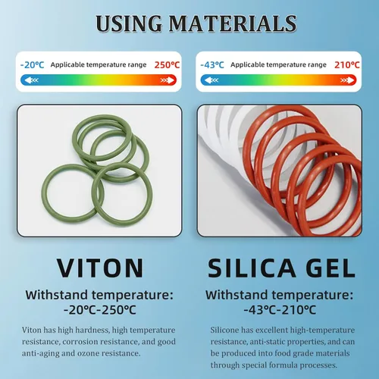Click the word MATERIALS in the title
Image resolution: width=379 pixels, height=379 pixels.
tap(233, 23)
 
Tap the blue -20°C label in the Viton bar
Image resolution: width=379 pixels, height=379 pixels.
tap(32, 65)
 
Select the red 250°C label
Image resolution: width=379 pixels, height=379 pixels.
tap(167, 65)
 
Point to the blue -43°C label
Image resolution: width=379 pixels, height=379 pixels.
tap(212, 65)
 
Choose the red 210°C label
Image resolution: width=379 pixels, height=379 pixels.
tap(347, 65)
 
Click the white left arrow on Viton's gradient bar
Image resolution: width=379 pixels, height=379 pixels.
tap(32, 80)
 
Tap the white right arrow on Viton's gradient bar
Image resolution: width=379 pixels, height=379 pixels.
tap(168, 80)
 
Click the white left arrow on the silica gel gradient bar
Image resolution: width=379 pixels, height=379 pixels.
tap(211, 80)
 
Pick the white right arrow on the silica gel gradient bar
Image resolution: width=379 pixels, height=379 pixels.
tap(347, 80)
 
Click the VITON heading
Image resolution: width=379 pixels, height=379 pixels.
tap(100, 268)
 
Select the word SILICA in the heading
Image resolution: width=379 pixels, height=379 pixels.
tap(252, 268)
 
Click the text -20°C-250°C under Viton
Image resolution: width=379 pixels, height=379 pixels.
tap(100, 310)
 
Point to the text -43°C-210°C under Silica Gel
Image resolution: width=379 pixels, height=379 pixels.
tap(280, 310)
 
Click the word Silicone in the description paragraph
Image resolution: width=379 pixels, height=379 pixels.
tap(224, 330)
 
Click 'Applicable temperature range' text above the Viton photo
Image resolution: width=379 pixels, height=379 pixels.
tap(99, 65)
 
